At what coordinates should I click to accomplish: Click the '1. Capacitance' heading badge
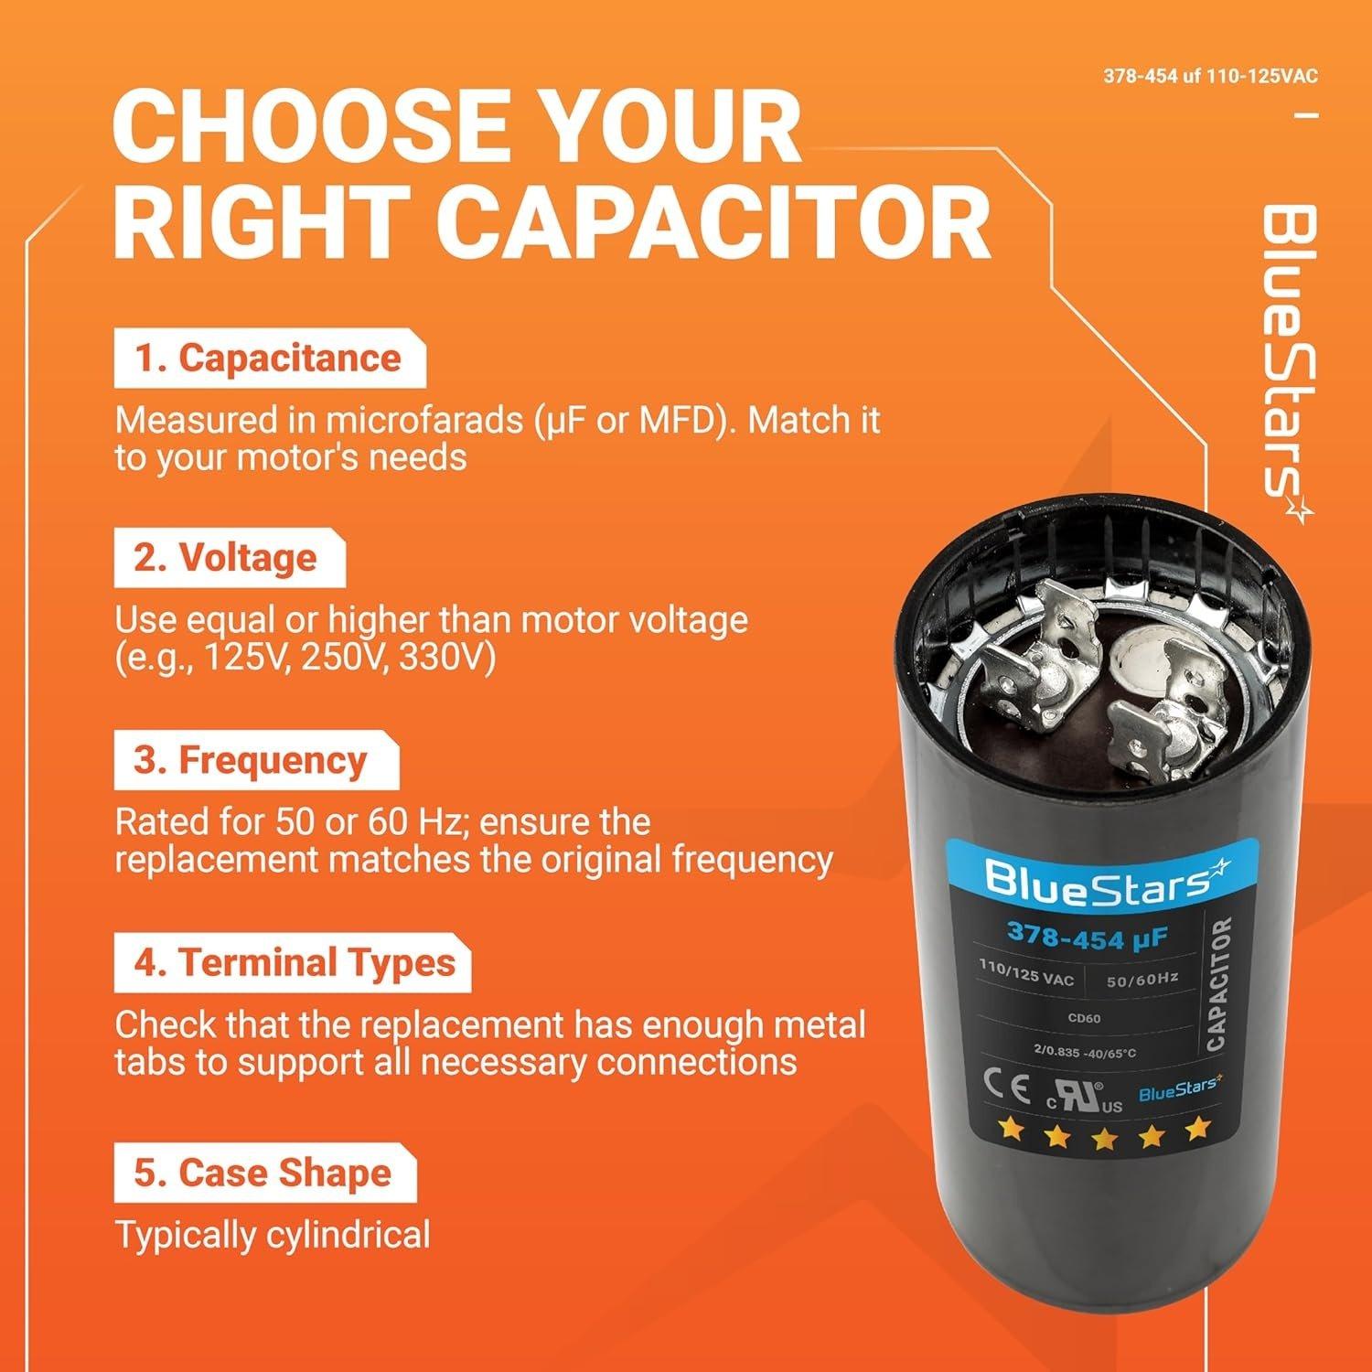tap(269, 359)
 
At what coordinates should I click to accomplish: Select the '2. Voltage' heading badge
tap(228, 558)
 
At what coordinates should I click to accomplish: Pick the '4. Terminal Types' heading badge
tap(293, 963)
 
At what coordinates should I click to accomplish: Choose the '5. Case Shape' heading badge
tap(263, 1174)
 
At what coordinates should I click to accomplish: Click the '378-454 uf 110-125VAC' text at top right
tap(1211, 77)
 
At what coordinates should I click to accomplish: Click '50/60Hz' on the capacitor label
tap(1142, 980)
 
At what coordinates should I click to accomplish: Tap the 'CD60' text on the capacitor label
tap(1084, 1018)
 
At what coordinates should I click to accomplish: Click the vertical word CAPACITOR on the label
tap(1217, 985)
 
